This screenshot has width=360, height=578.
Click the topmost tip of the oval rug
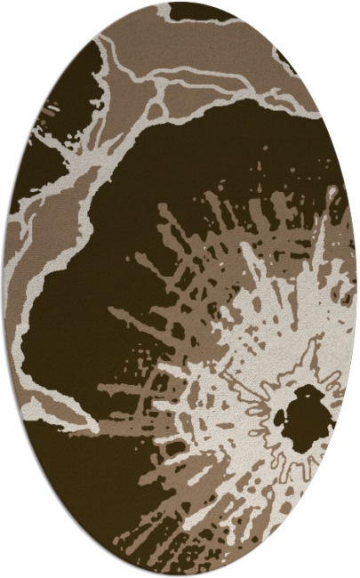pyautogui.click(x=180, y=2)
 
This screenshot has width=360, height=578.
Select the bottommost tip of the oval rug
pyautogui.click(x=180, y=576)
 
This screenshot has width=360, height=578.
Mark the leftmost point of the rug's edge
pyautogui.click(x=3, y=289)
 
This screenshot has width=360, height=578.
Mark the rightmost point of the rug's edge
pyautogui.click(x=357, y=289)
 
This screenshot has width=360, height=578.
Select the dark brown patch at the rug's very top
pyautogui.click(x=204, y=11)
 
